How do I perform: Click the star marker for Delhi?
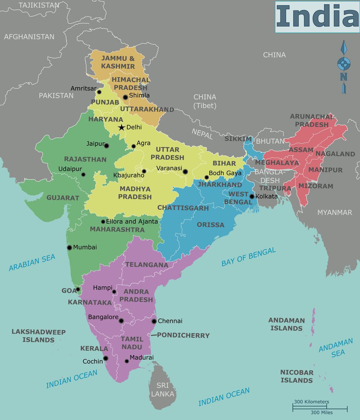(121, 127)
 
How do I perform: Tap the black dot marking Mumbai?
(70, 247)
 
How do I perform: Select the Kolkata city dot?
(252, 196)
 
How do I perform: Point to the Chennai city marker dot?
(154, 321)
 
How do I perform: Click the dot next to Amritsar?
(99, 92)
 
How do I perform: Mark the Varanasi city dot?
(185, 172)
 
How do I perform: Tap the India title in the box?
(317, 17)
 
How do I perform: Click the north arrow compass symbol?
(344, 67)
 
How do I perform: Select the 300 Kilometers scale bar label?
(311, 402)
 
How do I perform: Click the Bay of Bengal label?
(249, 257)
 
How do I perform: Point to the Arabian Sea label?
(32, 263)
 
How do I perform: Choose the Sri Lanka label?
(162, 389)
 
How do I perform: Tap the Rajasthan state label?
(85, 159)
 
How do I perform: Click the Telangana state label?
(147, 265)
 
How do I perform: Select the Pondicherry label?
(183, 335)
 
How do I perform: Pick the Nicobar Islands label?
(296, 376)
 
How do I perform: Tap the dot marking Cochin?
(105, 358)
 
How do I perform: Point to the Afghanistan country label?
(29, 37)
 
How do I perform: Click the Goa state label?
(69, 291)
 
